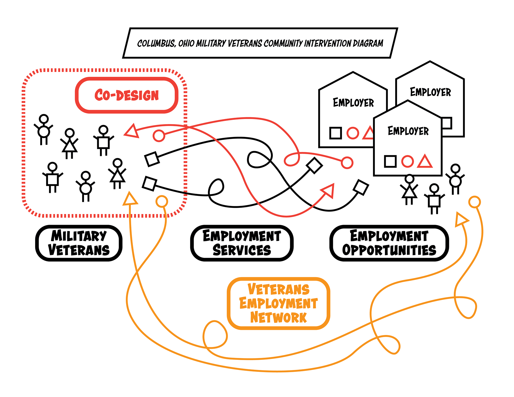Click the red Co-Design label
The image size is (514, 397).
coord(127,95)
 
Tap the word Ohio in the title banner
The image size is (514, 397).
coord(186,43)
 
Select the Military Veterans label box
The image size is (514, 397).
coord(79,243)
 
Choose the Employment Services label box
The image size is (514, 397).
coord(242,243)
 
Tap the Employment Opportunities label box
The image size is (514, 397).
coord(389,243)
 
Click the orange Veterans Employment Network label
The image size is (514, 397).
coord(278,303)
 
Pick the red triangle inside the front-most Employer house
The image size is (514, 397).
coord(425,161)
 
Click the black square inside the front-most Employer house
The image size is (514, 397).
coord(390,161)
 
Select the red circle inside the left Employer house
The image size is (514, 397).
coord(353,133)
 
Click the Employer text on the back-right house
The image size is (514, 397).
coord(430,92)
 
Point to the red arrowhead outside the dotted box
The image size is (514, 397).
coord(329,190)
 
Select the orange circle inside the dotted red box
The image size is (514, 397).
coord(162,201)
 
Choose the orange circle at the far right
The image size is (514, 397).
coord(474,202)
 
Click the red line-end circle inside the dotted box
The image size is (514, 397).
coord(159,136)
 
